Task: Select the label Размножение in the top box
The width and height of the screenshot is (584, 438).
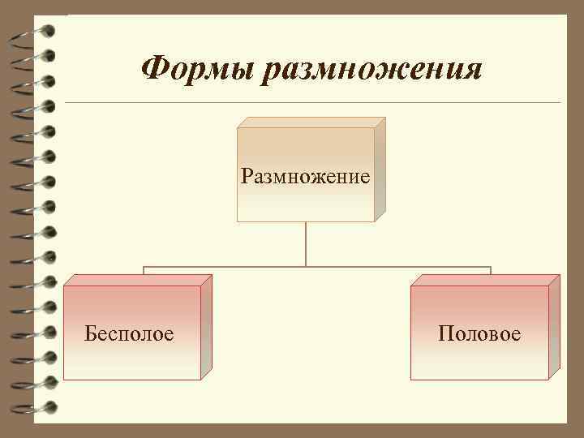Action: [x=305, y=176]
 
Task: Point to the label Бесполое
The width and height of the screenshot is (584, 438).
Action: [x=129, y=333]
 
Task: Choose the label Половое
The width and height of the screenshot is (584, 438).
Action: [x=479, y=333]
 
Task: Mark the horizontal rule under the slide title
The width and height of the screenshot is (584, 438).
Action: [x=312, y=103]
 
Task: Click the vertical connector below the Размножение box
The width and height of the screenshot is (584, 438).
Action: [x=306, y=243]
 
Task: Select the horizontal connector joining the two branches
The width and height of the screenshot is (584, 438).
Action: [x=317, y=266]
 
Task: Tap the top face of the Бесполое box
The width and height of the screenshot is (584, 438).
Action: [x=138, y=280]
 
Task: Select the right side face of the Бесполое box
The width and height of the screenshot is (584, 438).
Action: [x=206, y=326]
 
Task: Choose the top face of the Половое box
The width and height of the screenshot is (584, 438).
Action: [x=485, y=280]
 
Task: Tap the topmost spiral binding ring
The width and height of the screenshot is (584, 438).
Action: [x=36, y=33]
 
